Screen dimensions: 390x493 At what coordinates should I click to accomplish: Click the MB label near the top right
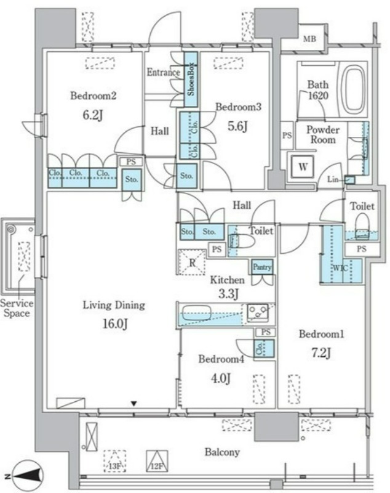309,39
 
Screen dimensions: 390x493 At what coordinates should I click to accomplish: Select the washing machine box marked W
303,166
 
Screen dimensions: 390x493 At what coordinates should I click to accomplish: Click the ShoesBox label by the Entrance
191,79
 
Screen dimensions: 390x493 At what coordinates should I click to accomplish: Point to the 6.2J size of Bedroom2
92,115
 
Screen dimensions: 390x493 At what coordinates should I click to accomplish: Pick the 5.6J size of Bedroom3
237,126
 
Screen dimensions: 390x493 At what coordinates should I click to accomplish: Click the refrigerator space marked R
192,263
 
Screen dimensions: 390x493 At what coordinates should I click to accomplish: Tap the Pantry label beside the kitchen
262,267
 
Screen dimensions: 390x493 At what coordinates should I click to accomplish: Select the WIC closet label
340,268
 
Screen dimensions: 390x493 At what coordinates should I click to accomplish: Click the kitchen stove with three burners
257,313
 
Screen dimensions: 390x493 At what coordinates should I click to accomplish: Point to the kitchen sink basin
196,312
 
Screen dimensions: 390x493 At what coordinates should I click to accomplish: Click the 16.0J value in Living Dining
115,324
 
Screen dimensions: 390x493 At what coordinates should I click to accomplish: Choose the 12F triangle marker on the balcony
157,461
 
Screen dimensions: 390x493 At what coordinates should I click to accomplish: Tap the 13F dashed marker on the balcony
115,461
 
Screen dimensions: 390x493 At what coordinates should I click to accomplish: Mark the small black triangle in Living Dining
134,404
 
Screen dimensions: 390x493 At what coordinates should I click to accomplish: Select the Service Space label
17,308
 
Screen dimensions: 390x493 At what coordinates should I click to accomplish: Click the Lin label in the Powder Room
333,179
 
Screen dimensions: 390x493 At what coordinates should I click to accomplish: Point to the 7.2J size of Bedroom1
320,353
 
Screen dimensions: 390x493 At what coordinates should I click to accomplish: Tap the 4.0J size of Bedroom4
221,378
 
